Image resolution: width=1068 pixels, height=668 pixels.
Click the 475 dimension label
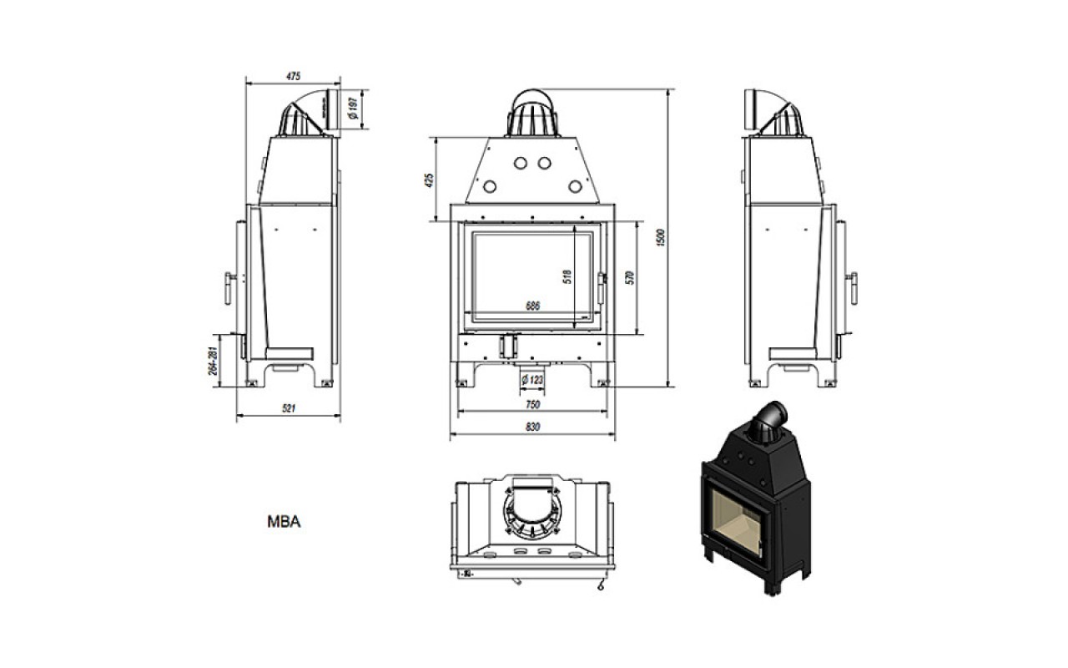click(293, 76)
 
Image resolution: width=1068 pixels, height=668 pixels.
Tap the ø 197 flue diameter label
click(353, 109)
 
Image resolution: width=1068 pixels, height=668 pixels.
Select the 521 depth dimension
click(289, 408)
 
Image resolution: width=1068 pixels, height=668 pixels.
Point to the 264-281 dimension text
click(213, 361)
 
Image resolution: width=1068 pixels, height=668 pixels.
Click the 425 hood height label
click(430, 180)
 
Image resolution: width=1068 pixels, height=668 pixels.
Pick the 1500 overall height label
click(660, 237)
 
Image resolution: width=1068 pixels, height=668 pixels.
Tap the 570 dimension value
click(630, 278)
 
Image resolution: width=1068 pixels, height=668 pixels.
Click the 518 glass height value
click(567, 276)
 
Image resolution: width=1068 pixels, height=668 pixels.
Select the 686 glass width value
click(532, 306)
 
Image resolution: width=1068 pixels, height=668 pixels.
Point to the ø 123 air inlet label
click(532, 380)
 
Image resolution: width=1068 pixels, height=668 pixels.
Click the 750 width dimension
click(532, 405)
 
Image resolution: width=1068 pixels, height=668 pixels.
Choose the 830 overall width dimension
click(532, 427)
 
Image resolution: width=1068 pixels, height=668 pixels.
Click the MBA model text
click(285, 522)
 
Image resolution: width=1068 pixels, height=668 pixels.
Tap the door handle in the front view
click(602, 288)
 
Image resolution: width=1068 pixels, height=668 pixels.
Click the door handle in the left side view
click(229, 288)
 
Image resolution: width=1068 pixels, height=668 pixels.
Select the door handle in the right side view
click(853, 288)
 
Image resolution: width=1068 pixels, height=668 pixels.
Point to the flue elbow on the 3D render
click(768, 421)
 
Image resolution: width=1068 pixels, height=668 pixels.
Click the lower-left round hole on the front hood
click(490, 186)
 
